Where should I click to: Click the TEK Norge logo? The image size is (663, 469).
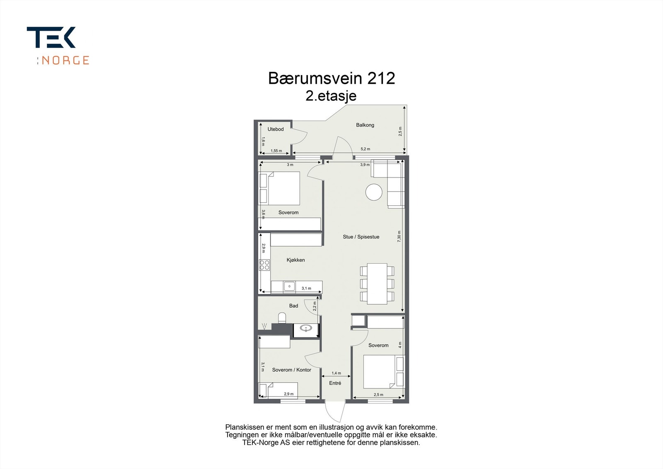[58, 46]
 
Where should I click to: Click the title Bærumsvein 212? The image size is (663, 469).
[331, 78]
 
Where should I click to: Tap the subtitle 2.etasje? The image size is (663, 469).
[331, 96]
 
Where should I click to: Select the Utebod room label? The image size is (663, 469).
[276, 129]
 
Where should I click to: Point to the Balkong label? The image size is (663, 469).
[365, 125]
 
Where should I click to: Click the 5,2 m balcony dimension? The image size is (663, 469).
[365, 149]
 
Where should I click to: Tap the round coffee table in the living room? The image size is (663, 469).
[374, 192]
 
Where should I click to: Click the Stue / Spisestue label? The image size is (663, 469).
[361, 237]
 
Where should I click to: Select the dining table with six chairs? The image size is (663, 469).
[377, 283]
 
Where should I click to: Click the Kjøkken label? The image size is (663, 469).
[295, 260]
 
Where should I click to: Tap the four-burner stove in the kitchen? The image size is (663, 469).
[264, 265]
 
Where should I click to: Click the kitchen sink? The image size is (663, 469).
[289, 286]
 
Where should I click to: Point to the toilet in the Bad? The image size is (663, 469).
[282, 318]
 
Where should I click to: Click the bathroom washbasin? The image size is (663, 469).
[306, 329]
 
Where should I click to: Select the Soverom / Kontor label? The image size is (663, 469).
[291, 370]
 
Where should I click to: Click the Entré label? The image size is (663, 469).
[335, 383]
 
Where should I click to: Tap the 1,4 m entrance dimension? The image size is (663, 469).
[336, 373]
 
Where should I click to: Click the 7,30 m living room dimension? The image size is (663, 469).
[399, 237]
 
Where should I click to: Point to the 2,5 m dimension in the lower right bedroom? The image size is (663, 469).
[378, 395]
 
